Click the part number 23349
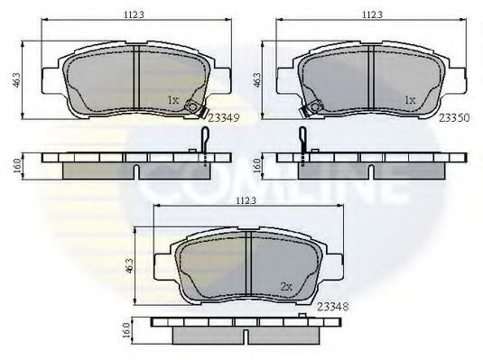(x=224, y=118)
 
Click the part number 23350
(x=454, y=117)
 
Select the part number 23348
(x=332, y=307)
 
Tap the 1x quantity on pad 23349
(x=172, y=100)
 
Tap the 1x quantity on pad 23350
(x=410, y=100)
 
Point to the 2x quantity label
(x=286, y=287)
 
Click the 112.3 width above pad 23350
(x=372, y=14)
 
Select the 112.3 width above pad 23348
(x=246, y=201)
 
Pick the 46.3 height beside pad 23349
(x=16, y=79)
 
